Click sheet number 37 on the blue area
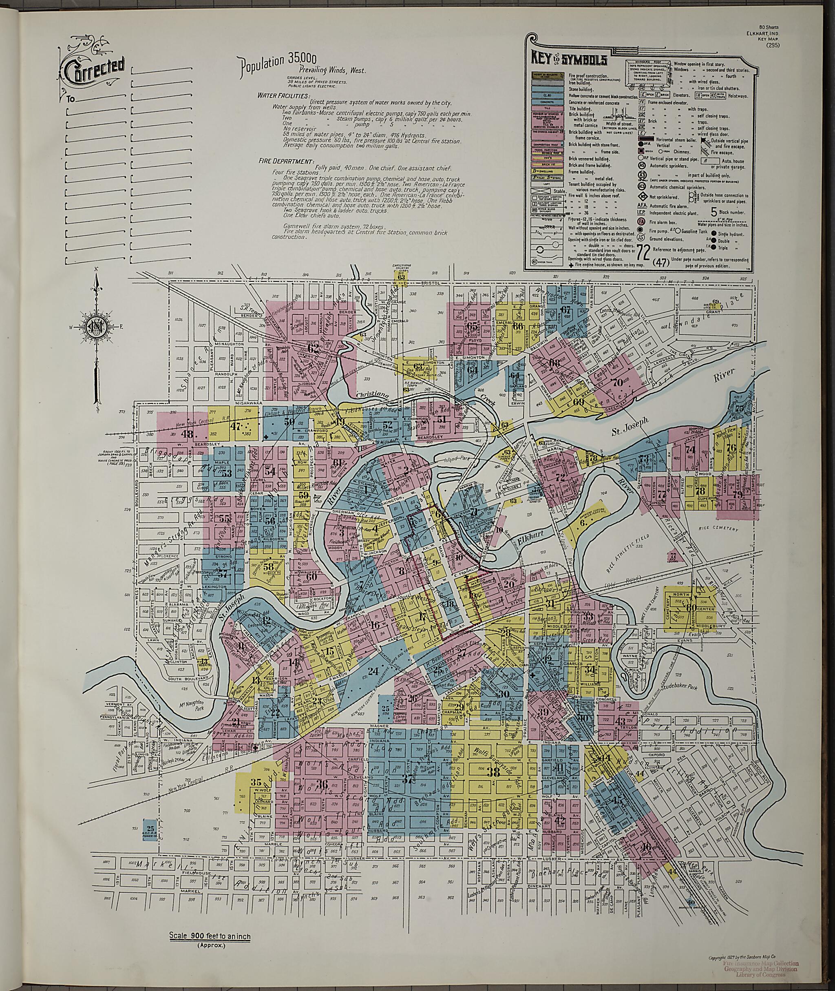(408, 780)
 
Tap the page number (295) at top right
(774, 45)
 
